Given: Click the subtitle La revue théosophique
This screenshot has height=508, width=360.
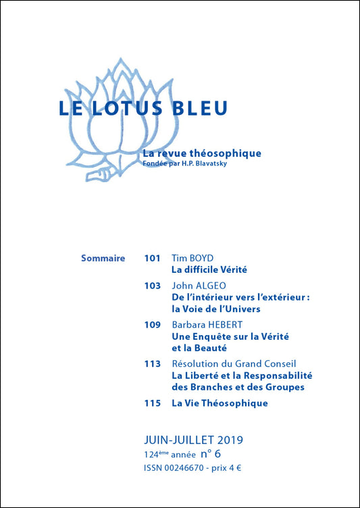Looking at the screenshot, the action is coord(202,153).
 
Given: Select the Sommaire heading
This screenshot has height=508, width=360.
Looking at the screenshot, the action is coord(103,257).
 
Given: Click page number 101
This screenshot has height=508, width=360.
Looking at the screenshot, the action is coord(153,257).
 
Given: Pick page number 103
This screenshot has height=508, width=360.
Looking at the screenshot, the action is coord(153,286).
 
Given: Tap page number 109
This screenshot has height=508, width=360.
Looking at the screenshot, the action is coord(153,324).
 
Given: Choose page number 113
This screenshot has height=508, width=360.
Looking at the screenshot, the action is coord(153,363).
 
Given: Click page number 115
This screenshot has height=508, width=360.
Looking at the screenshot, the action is coord(153,403).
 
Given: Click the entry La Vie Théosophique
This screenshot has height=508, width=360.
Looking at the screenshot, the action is coord(220,403).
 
